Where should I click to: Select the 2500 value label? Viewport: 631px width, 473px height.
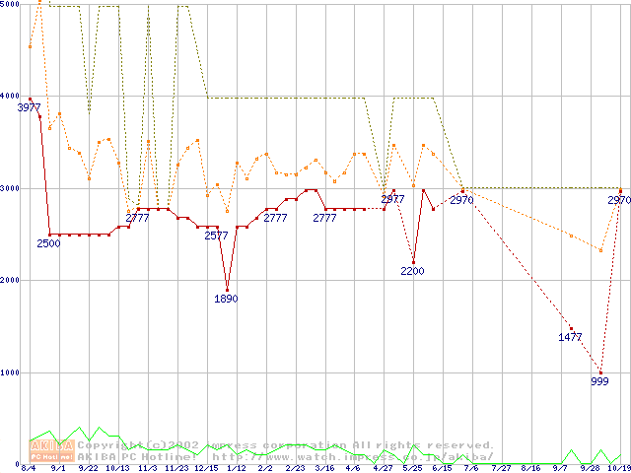point(49,243)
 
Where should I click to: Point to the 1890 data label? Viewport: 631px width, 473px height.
point(226,300)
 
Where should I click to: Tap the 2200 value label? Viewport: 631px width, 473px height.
point(412,271)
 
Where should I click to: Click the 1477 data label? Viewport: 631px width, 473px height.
point(570,337)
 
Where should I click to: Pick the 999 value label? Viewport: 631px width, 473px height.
point(599,381)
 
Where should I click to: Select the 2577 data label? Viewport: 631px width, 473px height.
point(216,236)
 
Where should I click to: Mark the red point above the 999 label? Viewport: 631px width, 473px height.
point(600,372)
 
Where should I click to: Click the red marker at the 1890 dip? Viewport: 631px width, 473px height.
point(227,291)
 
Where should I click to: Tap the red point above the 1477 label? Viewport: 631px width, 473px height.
point(571,328)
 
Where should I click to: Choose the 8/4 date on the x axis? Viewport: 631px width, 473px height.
point(30,469)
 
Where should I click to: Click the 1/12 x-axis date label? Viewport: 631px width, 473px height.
point(237,469)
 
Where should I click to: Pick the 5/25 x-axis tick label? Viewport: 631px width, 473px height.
point(412,469)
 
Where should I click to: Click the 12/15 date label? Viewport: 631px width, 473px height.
point(207,469)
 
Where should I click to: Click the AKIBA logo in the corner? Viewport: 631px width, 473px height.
point(50,449)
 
